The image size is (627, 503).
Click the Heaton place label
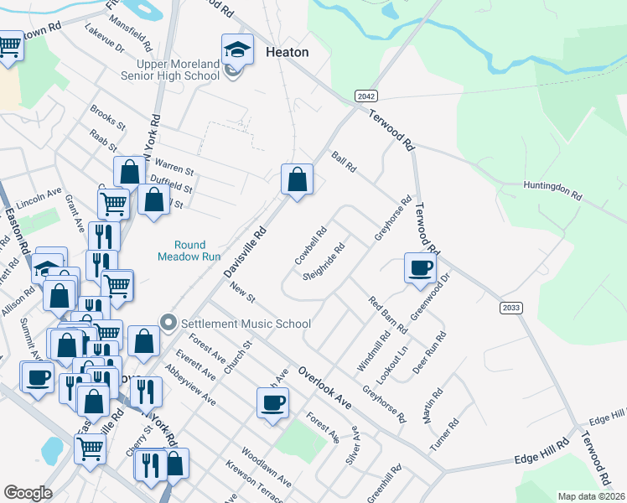[287, 52]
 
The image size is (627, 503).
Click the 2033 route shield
[510, 309]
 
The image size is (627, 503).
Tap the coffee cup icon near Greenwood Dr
[420, 269]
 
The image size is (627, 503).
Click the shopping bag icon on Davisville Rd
[297, 179]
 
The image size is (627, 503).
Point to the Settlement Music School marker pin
[168, 323]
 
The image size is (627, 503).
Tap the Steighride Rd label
[324, 262]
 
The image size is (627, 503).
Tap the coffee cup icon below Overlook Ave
[272, 403]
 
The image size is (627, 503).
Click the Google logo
[28, 493]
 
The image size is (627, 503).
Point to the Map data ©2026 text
[591, 496]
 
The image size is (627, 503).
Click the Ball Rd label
[345, 163]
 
